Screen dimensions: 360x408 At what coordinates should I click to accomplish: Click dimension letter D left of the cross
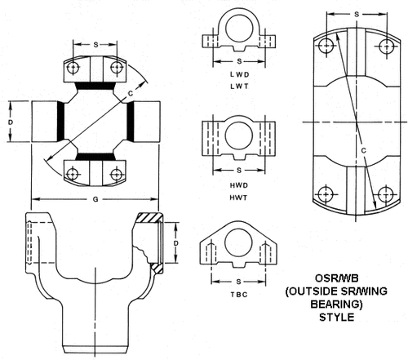click(x=11, y=121)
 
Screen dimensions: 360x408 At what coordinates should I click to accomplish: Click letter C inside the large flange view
click(x=361, y=149)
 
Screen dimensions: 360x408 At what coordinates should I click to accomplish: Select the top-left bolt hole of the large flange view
click(x=326, y=48)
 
